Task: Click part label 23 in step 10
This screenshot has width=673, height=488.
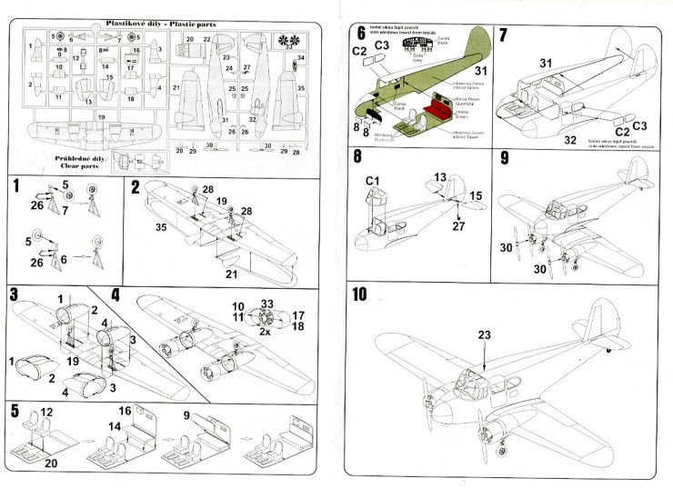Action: click(484, 334)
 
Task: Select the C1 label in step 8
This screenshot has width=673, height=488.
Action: click(372, 180)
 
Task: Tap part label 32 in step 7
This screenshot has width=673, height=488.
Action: click(571, 140)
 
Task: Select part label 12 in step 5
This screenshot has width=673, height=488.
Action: click(47, 413)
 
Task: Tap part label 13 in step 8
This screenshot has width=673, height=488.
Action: click(441, 176)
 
